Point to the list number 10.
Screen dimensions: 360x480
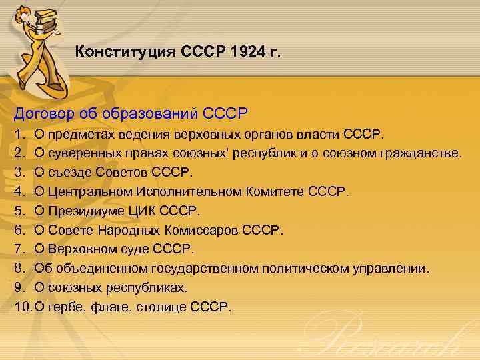21,307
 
